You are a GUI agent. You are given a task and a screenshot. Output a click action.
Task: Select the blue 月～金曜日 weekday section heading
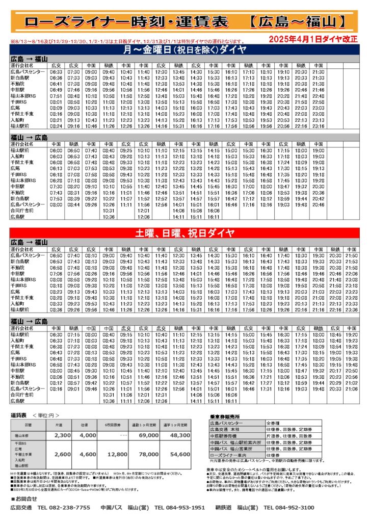pyautogui.click(x=184, y=49)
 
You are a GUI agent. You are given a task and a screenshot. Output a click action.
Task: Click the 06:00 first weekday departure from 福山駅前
pyautogui.click(x=56, y=151)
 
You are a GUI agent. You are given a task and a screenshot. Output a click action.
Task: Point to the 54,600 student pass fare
pyautogui.click(x=180, y=454)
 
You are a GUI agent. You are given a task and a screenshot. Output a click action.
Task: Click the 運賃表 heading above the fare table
pyautogui.click(x=20, y=415)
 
